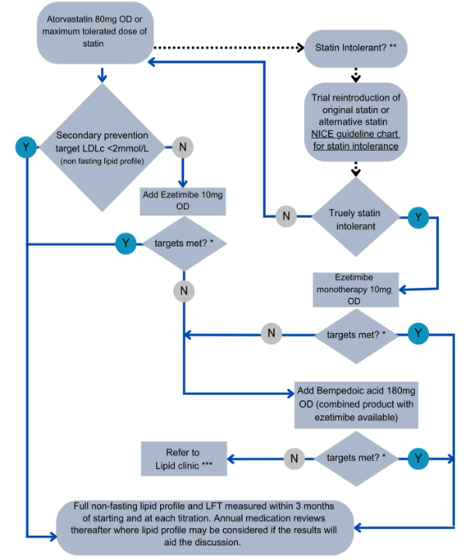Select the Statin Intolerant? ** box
(355, 48)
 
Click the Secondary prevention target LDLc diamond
(103, 146)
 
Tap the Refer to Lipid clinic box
(183, 458)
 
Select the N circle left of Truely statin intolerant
(286, 217)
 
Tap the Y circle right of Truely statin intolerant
(418, 217)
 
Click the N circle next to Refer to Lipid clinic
(294, 458)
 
